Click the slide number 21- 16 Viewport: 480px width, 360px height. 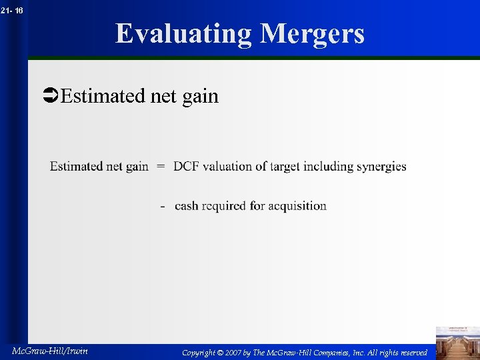(x=12, y=10)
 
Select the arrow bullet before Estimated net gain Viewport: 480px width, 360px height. (x=50, y=97)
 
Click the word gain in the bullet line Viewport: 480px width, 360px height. (x=200, y=97)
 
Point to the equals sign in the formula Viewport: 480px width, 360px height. (x=161, y=167)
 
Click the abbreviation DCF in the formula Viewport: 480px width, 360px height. (x=187, y=167)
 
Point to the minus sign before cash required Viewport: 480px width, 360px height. (x=163, y=206)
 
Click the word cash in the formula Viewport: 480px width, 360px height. (x=186, y=206)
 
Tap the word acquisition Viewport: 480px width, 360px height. (x=297, y=206)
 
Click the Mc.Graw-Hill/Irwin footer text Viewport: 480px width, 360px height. (x=50, y=351)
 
